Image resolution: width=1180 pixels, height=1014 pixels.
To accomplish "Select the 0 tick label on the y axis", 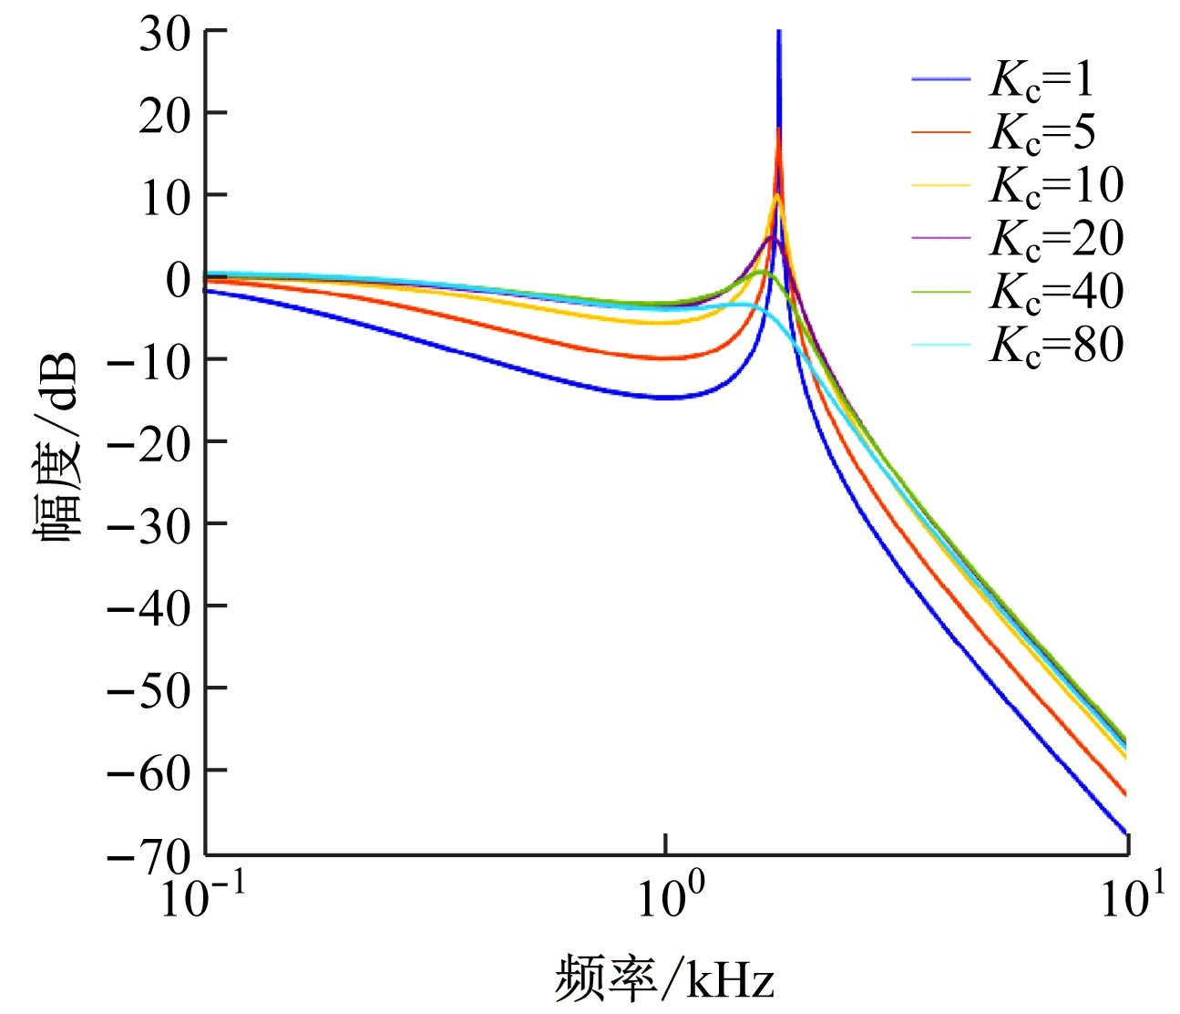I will [x=178, y=279].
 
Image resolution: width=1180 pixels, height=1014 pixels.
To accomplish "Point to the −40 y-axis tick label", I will [x=149, y=605].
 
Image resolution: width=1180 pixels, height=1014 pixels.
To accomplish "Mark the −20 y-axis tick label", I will [x=149, y=441].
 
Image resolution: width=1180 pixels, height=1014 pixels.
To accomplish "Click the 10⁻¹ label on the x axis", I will [x=199, y=897].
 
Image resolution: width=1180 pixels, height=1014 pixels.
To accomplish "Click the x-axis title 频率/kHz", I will [x=664, y=980].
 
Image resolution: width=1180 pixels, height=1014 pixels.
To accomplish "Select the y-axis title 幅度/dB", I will [x=56, y=447].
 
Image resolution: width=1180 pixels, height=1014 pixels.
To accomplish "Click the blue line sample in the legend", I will [x=941, y=80].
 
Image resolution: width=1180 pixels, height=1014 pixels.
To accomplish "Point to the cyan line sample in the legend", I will [x=941, y=345].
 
